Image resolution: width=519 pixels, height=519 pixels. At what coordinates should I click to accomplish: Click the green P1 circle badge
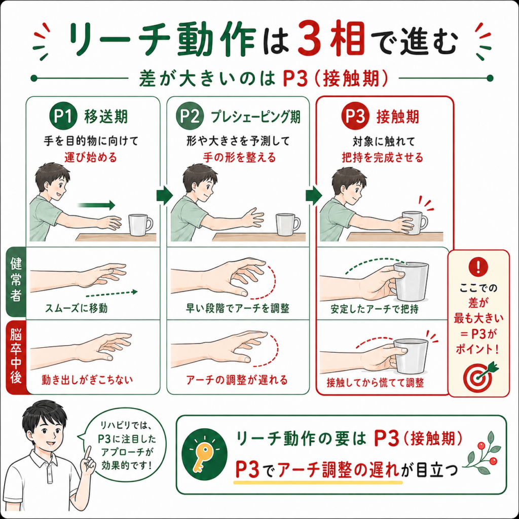point(63,116)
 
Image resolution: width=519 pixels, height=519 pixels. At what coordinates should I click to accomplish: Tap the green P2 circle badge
point(190,116)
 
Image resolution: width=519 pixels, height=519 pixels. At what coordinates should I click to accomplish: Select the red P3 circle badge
point(355,116)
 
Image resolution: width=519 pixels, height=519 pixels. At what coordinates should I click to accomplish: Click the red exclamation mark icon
point(478,267)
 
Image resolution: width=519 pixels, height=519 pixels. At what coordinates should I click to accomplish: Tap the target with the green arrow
point(480,377)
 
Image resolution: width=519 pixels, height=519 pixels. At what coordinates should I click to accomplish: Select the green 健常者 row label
point(16,282)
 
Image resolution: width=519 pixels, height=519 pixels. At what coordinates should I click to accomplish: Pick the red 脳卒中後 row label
point(16,357)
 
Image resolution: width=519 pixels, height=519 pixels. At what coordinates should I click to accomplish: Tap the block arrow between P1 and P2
point(165,195)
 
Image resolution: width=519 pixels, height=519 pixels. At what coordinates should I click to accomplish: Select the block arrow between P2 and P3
point(313,195)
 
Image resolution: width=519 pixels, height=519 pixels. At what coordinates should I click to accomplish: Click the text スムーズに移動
point(77,309)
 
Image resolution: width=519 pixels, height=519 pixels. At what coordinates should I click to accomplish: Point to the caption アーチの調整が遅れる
point(237,380)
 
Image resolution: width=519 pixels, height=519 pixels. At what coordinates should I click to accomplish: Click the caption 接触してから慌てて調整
point(375,383)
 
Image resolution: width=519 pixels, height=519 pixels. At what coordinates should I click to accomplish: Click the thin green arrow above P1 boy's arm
point(96,205)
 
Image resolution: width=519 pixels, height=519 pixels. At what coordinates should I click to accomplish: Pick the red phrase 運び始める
point(91,157)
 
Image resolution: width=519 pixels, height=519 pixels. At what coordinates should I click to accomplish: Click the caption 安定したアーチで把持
point(375,309)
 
